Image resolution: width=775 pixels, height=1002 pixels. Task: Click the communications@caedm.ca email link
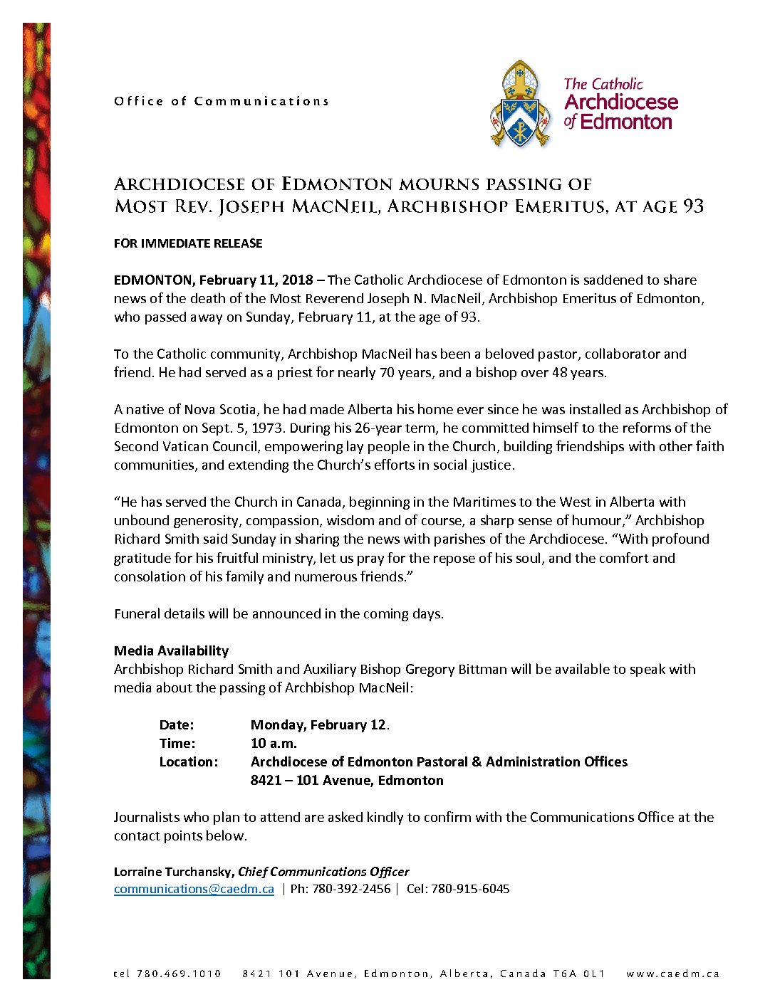tap(194, 889)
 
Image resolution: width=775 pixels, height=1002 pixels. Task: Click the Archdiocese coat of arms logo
tap(521, 104)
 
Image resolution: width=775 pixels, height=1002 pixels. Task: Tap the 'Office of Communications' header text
tap(221, 101)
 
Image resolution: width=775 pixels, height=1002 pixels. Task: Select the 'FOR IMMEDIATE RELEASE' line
tap(188, 243)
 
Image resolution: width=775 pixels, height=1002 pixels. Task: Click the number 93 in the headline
tap(693, 206)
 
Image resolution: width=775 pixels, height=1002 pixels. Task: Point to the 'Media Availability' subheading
tap(171, 650)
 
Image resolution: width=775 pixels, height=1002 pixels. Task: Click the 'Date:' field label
tap(177, 724)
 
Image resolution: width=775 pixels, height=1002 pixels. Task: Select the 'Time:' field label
tap(177, 743)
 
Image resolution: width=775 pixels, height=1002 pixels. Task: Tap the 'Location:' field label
tap(189, 761)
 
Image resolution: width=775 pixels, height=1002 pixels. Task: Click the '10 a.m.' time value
tap(274, 743)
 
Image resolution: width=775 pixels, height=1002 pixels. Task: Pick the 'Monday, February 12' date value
tap(318, 724)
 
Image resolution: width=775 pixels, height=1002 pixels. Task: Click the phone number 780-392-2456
tap(351, 889)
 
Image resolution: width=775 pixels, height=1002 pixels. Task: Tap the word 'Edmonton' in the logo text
tap(626, 122)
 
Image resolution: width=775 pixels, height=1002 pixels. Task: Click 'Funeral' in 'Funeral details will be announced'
tap(137, 613)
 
